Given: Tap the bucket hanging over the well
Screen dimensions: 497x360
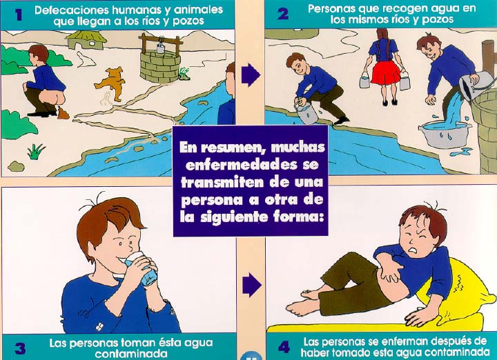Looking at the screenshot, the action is tap(161, 48).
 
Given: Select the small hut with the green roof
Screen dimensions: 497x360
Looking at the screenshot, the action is tap(86, 39).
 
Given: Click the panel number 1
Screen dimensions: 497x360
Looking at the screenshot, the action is tap(19, 14).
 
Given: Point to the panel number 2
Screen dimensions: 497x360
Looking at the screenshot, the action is tap(283, 14).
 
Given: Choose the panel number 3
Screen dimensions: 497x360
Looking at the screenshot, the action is tap(20, 348).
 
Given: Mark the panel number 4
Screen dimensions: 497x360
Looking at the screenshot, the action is tap(284, 348).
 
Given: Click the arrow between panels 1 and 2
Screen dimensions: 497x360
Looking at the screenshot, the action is tap(251, 75).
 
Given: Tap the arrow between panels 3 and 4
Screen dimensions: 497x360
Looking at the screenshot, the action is tap(252, 285).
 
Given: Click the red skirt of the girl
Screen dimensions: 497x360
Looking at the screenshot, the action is tap(385, 72).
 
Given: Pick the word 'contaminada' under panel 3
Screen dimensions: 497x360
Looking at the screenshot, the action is tap(131, 353).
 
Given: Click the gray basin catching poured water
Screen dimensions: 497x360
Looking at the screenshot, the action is tap(444, 134).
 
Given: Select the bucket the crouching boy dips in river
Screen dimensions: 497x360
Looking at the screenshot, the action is tap(306, 113).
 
